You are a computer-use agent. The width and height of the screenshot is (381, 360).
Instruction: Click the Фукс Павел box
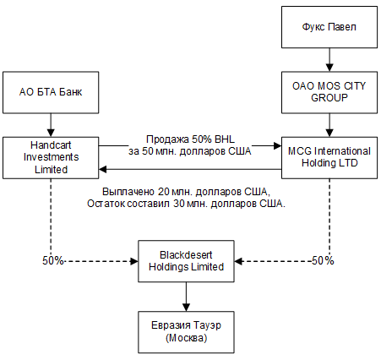[x=329, y=27]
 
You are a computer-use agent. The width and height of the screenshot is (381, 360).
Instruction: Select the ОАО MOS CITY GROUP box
[x=329, y=92]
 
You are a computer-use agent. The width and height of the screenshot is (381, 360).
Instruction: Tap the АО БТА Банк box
[x=51, y=92]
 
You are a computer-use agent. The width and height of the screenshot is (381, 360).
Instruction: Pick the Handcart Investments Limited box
[x=51, y=158]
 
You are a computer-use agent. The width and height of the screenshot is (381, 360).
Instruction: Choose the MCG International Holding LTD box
[x=329, y=158]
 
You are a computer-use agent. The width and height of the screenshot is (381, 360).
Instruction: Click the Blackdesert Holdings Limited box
[x=186, y=261]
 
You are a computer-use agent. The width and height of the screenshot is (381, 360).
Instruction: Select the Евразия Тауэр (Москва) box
[x=186, y=332]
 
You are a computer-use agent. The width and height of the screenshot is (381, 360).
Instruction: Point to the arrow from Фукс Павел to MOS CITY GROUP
[x=329, y=60]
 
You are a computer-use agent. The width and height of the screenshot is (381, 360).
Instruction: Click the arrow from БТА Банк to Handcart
[x=51, y=125]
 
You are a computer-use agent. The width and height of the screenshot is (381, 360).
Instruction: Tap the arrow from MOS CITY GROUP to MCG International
[x=329, y=125]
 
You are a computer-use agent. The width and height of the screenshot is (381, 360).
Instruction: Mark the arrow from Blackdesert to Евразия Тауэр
[x=186, y=297]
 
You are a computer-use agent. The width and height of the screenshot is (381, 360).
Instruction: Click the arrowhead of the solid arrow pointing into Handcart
[x=102, y=169]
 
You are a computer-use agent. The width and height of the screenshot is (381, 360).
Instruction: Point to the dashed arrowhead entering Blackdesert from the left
[x=134, y=261]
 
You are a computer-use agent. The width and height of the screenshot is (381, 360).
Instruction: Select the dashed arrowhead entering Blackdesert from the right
[x=238, y=261]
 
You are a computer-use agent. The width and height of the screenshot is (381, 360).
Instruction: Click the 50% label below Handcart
[x=53, y=260]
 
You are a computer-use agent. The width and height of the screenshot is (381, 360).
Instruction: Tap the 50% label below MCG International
[x=323, y=260]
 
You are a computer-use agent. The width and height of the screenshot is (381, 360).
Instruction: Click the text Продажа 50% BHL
[x=190, y=139]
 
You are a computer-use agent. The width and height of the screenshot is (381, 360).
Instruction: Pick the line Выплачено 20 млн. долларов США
[x=186, y=192]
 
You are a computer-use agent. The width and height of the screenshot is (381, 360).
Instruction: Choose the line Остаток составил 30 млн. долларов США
[x=186, y=204]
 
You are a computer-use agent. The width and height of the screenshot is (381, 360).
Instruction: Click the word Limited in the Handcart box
[x=51, y=170]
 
